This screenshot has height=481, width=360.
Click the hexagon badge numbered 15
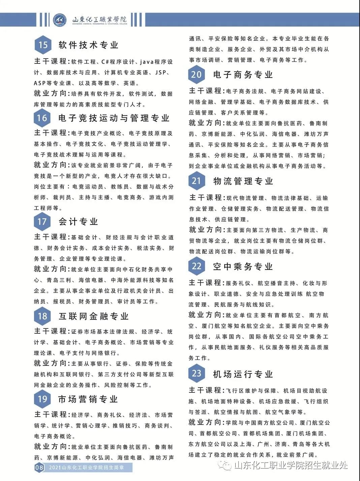click(x=43, y=45)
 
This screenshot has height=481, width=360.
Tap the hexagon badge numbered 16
click(x=42, y=118)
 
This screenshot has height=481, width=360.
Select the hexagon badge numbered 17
click(x=42, y=221)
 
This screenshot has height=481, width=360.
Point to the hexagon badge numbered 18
click(x=42, y=316)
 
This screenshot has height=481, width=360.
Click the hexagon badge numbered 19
click(x=42, y=399)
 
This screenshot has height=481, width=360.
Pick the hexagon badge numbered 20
click(x=197, y=74)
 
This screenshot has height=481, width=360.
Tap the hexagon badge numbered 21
click(x=197, y=181)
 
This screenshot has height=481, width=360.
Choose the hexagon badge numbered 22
click(x=197, y=266)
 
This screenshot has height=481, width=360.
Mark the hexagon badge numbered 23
click(x=197, y=373)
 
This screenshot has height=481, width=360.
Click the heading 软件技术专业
click(x=89, y=45)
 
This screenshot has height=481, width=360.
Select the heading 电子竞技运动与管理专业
click(x=114, y=118)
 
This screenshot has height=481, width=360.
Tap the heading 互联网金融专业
click(x=94, y=316)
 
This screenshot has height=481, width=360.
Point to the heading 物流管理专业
click(x=243, y=181)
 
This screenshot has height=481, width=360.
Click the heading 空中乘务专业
click(x=243, y=267)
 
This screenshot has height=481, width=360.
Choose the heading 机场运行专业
click(x=243, y=374)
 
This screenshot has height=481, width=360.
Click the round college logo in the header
click(x=60, y=20)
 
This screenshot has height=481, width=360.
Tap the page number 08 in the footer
click(x=39, y=468)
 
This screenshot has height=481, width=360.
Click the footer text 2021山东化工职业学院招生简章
click(x=86, y=468)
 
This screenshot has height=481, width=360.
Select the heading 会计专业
click(x=78, y=222)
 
